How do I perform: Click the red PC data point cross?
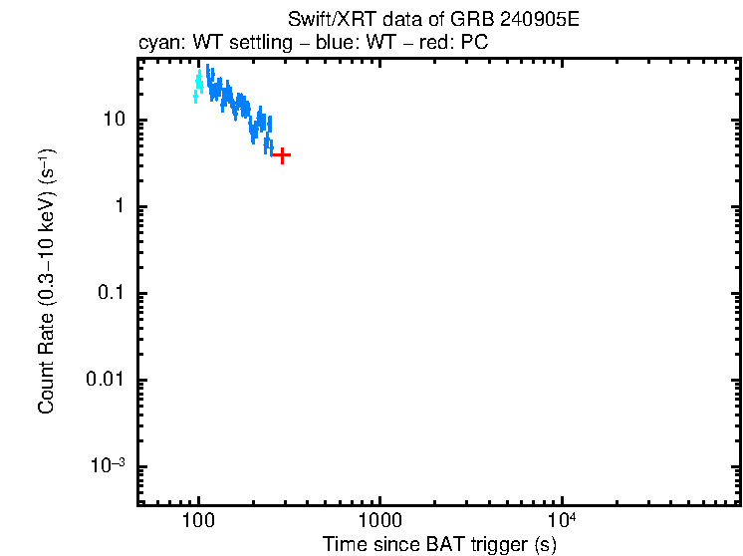(x=283, y=155)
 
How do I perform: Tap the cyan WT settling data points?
(x=198, y=87)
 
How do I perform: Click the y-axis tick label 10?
(x=113, y=120)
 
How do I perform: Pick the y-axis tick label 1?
(x=119, y=207)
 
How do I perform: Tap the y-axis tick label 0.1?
(x=110, y=294)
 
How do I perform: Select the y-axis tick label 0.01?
(x=105, y=381)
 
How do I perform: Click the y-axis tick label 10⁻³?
(x=108, y=466)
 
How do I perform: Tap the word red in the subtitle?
(x=425, y=44)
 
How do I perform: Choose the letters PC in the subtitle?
(x=474, y=44)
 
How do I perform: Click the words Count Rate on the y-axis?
(x=46, y=364)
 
